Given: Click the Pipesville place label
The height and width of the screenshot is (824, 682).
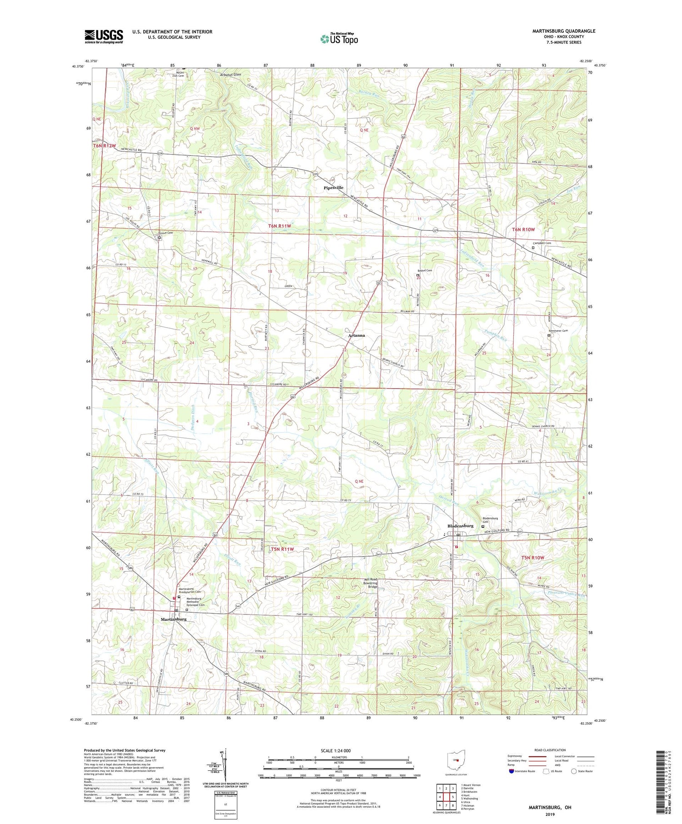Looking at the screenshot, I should pyautogui.click(x=333, y=188).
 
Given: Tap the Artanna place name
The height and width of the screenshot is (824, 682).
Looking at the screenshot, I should pyautogui.click(x=356, y=335).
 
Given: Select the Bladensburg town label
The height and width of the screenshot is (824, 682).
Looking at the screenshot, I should pyautogui.click(x=460, y=526).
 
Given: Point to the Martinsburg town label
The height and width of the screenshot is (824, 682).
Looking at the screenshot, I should pyautogui.click(x=173, y=619).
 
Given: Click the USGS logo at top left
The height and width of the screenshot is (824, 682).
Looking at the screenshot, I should pyautogui.click(x=104, y=36).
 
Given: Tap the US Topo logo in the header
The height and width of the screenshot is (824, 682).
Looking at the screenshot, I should pyautogui.click(x=339, y=39).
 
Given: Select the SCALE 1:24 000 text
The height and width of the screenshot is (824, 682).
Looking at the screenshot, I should pyautogui.click(x=339, y=750).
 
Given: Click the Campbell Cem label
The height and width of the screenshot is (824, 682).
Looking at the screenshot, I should pyautogui.click(x=542, y=243).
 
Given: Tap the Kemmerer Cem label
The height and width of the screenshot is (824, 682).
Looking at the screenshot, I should pyautogui.click(x=558, y=331).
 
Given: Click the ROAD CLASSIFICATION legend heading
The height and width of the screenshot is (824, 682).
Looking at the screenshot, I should pyautogui.click(x=550, y=750).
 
